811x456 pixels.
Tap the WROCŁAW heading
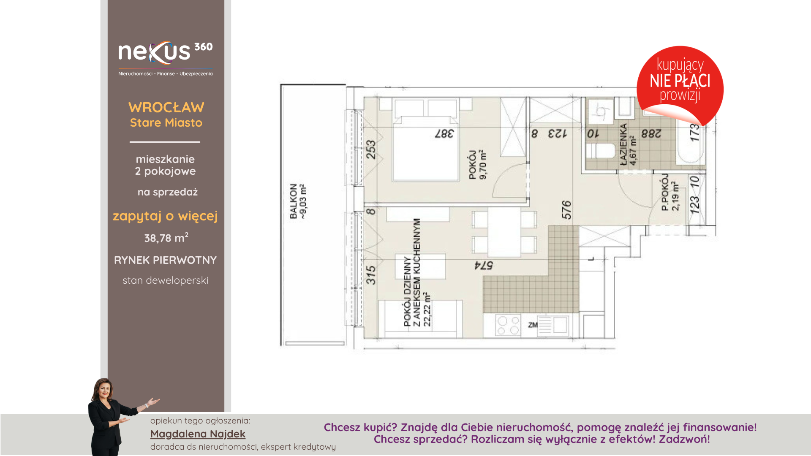(x=166, y=108)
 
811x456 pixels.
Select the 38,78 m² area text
(x=166, y=238)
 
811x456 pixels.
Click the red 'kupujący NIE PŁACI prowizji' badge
(x=680, y=84)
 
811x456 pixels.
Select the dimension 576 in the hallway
(x=566, y=210)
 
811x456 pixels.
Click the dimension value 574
(x=484, y=266)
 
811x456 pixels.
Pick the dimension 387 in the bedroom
(x=444, y=134)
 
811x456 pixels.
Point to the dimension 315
(x=370, y=275)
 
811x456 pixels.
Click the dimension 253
(x=370, y=149)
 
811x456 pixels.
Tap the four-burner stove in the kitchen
(x=508, y=326)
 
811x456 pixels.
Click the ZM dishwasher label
(x=533, y=325)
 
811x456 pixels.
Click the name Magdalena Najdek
(x=198, y=434)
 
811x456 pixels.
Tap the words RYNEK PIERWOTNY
(x=166, y=260)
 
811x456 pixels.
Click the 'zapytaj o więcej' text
(x=165, y=216)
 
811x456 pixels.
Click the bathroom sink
(x=601, y=111)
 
